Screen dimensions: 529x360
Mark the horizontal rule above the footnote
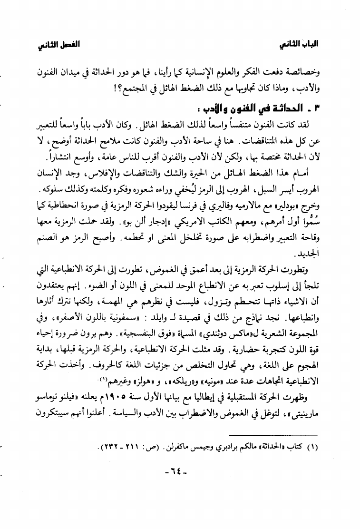pyautogui.click(x=282, y=434)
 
